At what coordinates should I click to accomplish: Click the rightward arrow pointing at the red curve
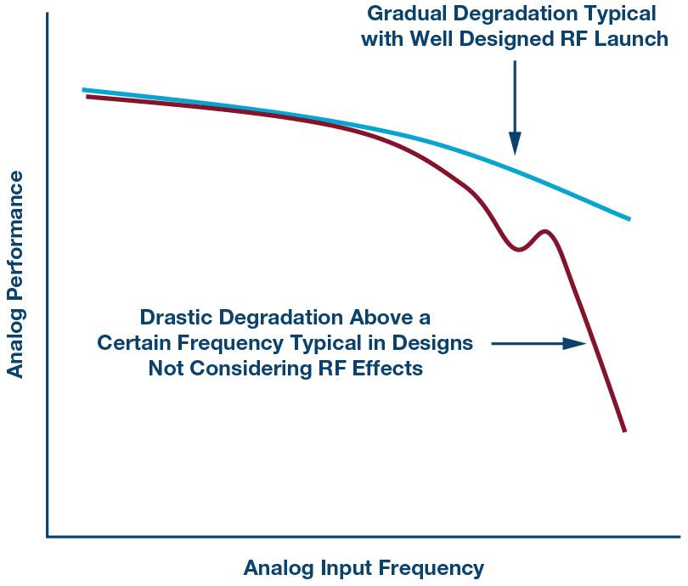(x=544, y=344)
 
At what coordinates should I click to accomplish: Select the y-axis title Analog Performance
(x=15, y=273)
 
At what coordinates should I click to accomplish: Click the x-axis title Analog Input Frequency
(x=364, y=568)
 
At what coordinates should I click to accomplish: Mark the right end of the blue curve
(x=629, y=218)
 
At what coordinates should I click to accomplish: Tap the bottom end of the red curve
(x=624, y=430)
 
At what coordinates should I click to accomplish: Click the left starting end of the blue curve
(x=84, y=89)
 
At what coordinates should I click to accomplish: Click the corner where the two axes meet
(x=48, y=536)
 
